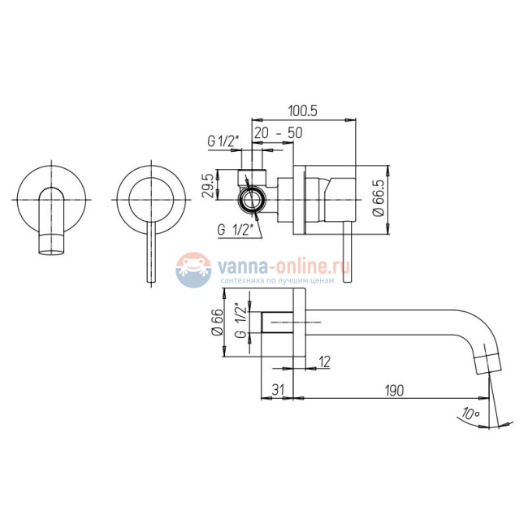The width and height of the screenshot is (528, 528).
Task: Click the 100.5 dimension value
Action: point(303,110)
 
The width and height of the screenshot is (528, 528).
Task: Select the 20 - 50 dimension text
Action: point(278,133)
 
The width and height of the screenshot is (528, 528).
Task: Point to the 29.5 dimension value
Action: point(209,185)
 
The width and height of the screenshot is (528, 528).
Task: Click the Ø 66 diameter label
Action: point(218,322)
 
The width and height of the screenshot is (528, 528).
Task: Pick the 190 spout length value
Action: point(394,391)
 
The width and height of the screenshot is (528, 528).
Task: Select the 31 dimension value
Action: point(278,390)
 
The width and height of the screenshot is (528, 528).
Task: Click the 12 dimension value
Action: point(324,362)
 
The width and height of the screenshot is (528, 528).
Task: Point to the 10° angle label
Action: point(470,413)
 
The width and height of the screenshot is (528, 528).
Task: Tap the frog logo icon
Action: point(193,270)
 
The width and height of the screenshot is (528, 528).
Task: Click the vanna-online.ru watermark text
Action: point(283,266)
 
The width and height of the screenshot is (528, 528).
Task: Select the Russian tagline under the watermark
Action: point(277,280)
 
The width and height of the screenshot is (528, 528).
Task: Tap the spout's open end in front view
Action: point(51,252)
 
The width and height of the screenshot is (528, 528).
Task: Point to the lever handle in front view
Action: point(152,253)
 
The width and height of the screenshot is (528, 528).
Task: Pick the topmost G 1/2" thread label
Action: point(223,141)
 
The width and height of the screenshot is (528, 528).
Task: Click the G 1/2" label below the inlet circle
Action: point(235,230)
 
